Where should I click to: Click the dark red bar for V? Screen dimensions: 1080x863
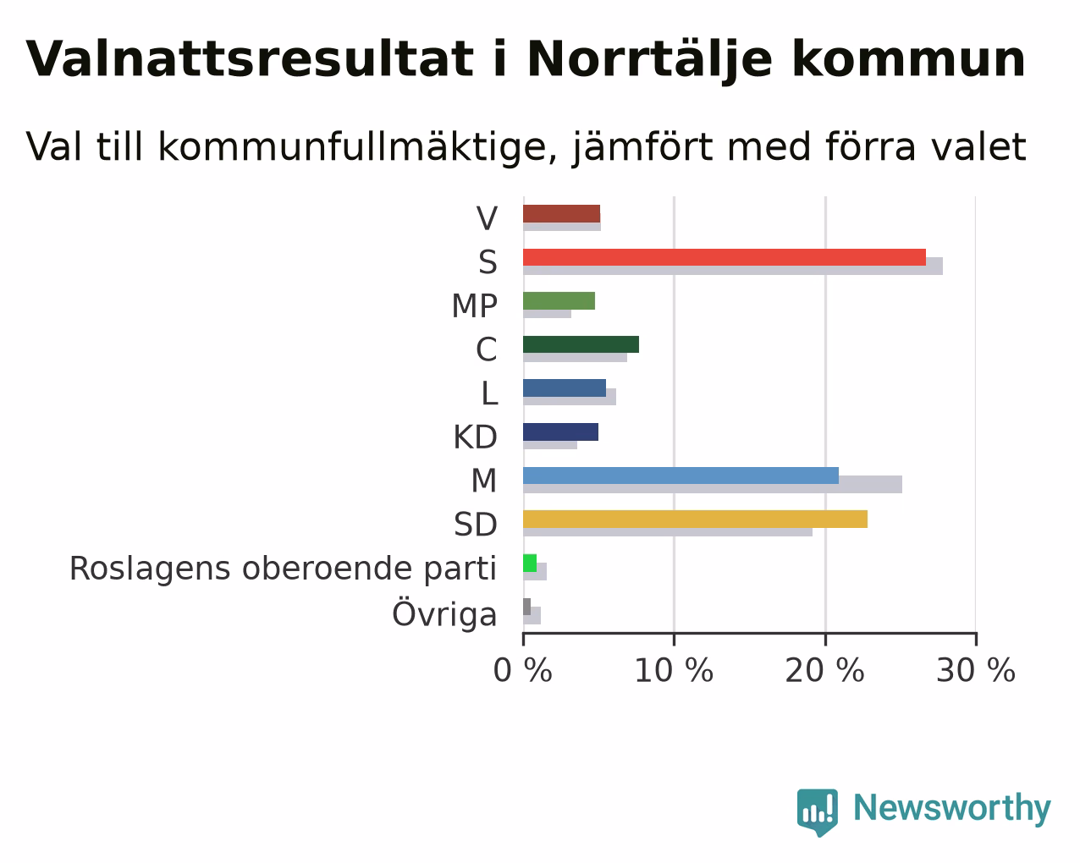tap(561, 214)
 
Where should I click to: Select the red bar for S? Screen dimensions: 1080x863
tap(725, 257)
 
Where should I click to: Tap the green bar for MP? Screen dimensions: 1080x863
tap(559, 301)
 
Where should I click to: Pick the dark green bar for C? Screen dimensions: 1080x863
tap(581, 344)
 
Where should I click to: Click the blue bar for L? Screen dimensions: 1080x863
tap(565, 388)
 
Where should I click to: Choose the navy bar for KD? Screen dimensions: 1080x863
tap(560, 432)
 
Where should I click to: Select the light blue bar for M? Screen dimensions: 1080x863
tap(681, 475)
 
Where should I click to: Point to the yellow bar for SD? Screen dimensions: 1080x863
tap(695, 519)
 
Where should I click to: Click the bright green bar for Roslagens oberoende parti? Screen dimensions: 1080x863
tap(530, 563)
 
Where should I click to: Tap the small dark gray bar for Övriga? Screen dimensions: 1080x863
tap(527, 607)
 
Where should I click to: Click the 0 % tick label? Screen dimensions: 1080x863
tap(522, 670)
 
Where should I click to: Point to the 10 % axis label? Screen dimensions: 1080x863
tap(674, 670)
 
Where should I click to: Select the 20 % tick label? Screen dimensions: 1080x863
tap(825, 670)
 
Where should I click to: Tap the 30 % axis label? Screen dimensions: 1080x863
tap(976, 670)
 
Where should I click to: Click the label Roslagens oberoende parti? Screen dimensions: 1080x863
tap(283, 569)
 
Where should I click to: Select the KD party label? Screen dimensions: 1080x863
tap(476, 437)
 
